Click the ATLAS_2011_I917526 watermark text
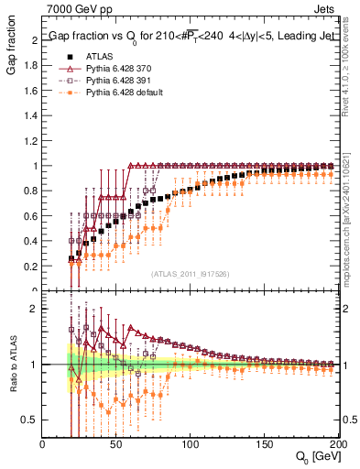tap(190, 273)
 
